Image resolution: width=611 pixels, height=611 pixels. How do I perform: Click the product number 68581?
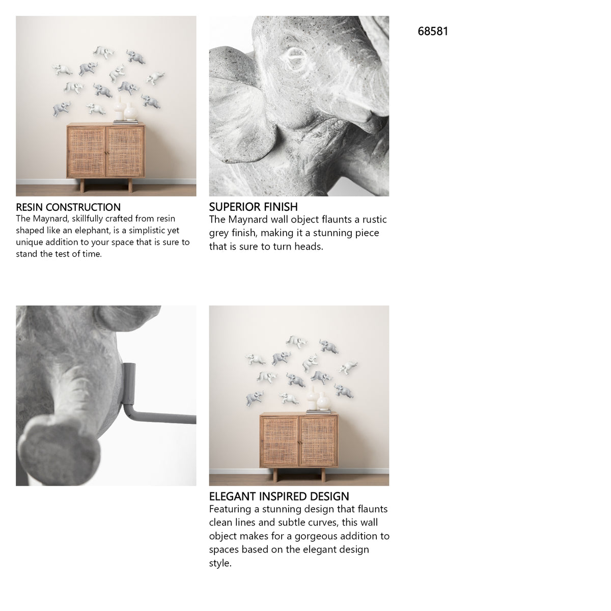click(432, 32)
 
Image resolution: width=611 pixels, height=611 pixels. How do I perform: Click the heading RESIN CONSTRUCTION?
click(68, 207)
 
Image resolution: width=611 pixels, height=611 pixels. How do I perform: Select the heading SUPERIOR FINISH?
click(253, 207)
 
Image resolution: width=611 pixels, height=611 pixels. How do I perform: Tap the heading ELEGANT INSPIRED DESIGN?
click(279, 496)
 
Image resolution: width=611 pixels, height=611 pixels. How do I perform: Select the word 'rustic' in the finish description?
click(375, 219)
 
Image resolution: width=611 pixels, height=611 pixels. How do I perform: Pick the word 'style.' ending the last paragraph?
click(220, 563)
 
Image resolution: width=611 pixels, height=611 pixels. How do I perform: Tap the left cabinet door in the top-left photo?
click(87, 152)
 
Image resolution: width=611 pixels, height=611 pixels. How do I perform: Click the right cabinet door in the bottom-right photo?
click(318, 441)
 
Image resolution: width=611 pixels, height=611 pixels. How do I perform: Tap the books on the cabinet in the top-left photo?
click(126, 122)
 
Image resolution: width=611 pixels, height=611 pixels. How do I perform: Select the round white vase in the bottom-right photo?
click(323, 401)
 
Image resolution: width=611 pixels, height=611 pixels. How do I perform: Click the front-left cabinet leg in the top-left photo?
click(82, 185)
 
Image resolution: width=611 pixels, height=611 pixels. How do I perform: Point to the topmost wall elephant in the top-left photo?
click(104, 52)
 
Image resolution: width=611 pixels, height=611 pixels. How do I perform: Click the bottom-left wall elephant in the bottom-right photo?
click(254, 398)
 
